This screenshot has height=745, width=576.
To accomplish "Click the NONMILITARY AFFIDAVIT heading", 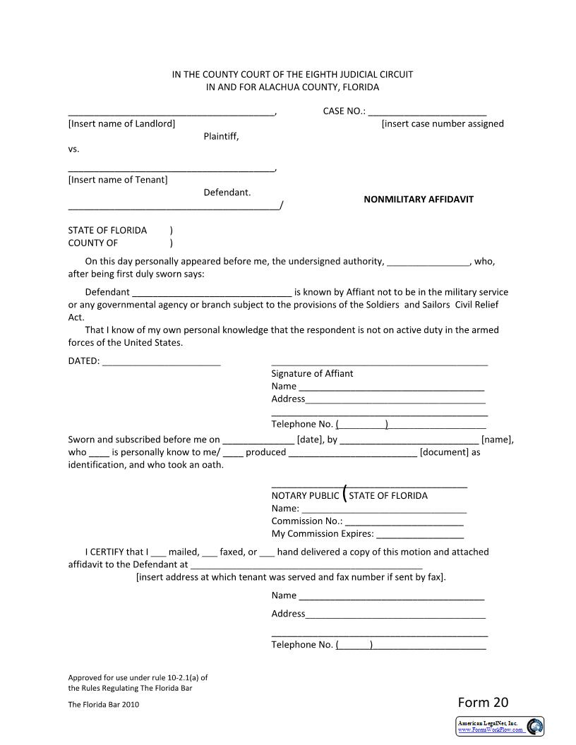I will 419,199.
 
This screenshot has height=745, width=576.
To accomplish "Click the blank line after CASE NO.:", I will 427,112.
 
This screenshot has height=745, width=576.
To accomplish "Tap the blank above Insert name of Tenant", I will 171,169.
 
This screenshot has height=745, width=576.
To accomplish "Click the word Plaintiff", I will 221,136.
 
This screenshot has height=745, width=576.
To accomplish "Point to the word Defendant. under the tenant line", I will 227,192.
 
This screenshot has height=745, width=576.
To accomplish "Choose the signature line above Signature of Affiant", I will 379,363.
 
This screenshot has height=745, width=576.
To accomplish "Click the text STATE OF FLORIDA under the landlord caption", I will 107,230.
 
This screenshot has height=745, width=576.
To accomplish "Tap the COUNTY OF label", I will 92,243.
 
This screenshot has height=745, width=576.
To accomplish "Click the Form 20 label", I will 483,702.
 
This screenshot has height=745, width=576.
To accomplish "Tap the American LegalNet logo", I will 500,726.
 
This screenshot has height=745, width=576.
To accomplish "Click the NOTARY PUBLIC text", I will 305,495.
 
